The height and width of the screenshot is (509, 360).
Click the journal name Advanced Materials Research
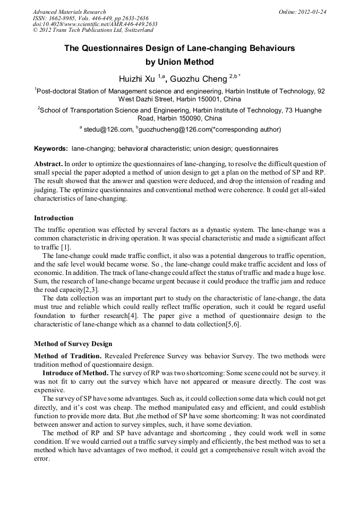pyautogui.click(x=69, y=12)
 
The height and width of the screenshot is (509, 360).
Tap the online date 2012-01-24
pyautogui.click(x=312, y=12)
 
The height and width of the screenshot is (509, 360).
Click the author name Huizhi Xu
pyautogui.click(x=137, y=79)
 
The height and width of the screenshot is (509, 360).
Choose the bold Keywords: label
pyautogui.click(x=51, y=149)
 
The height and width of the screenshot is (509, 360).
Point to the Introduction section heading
pyautogui.click(x=54, y=218)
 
